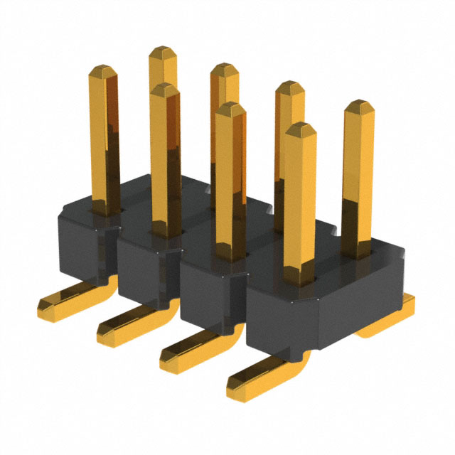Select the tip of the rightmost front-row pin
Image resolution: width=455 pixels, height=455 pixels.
click(301, 129)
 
